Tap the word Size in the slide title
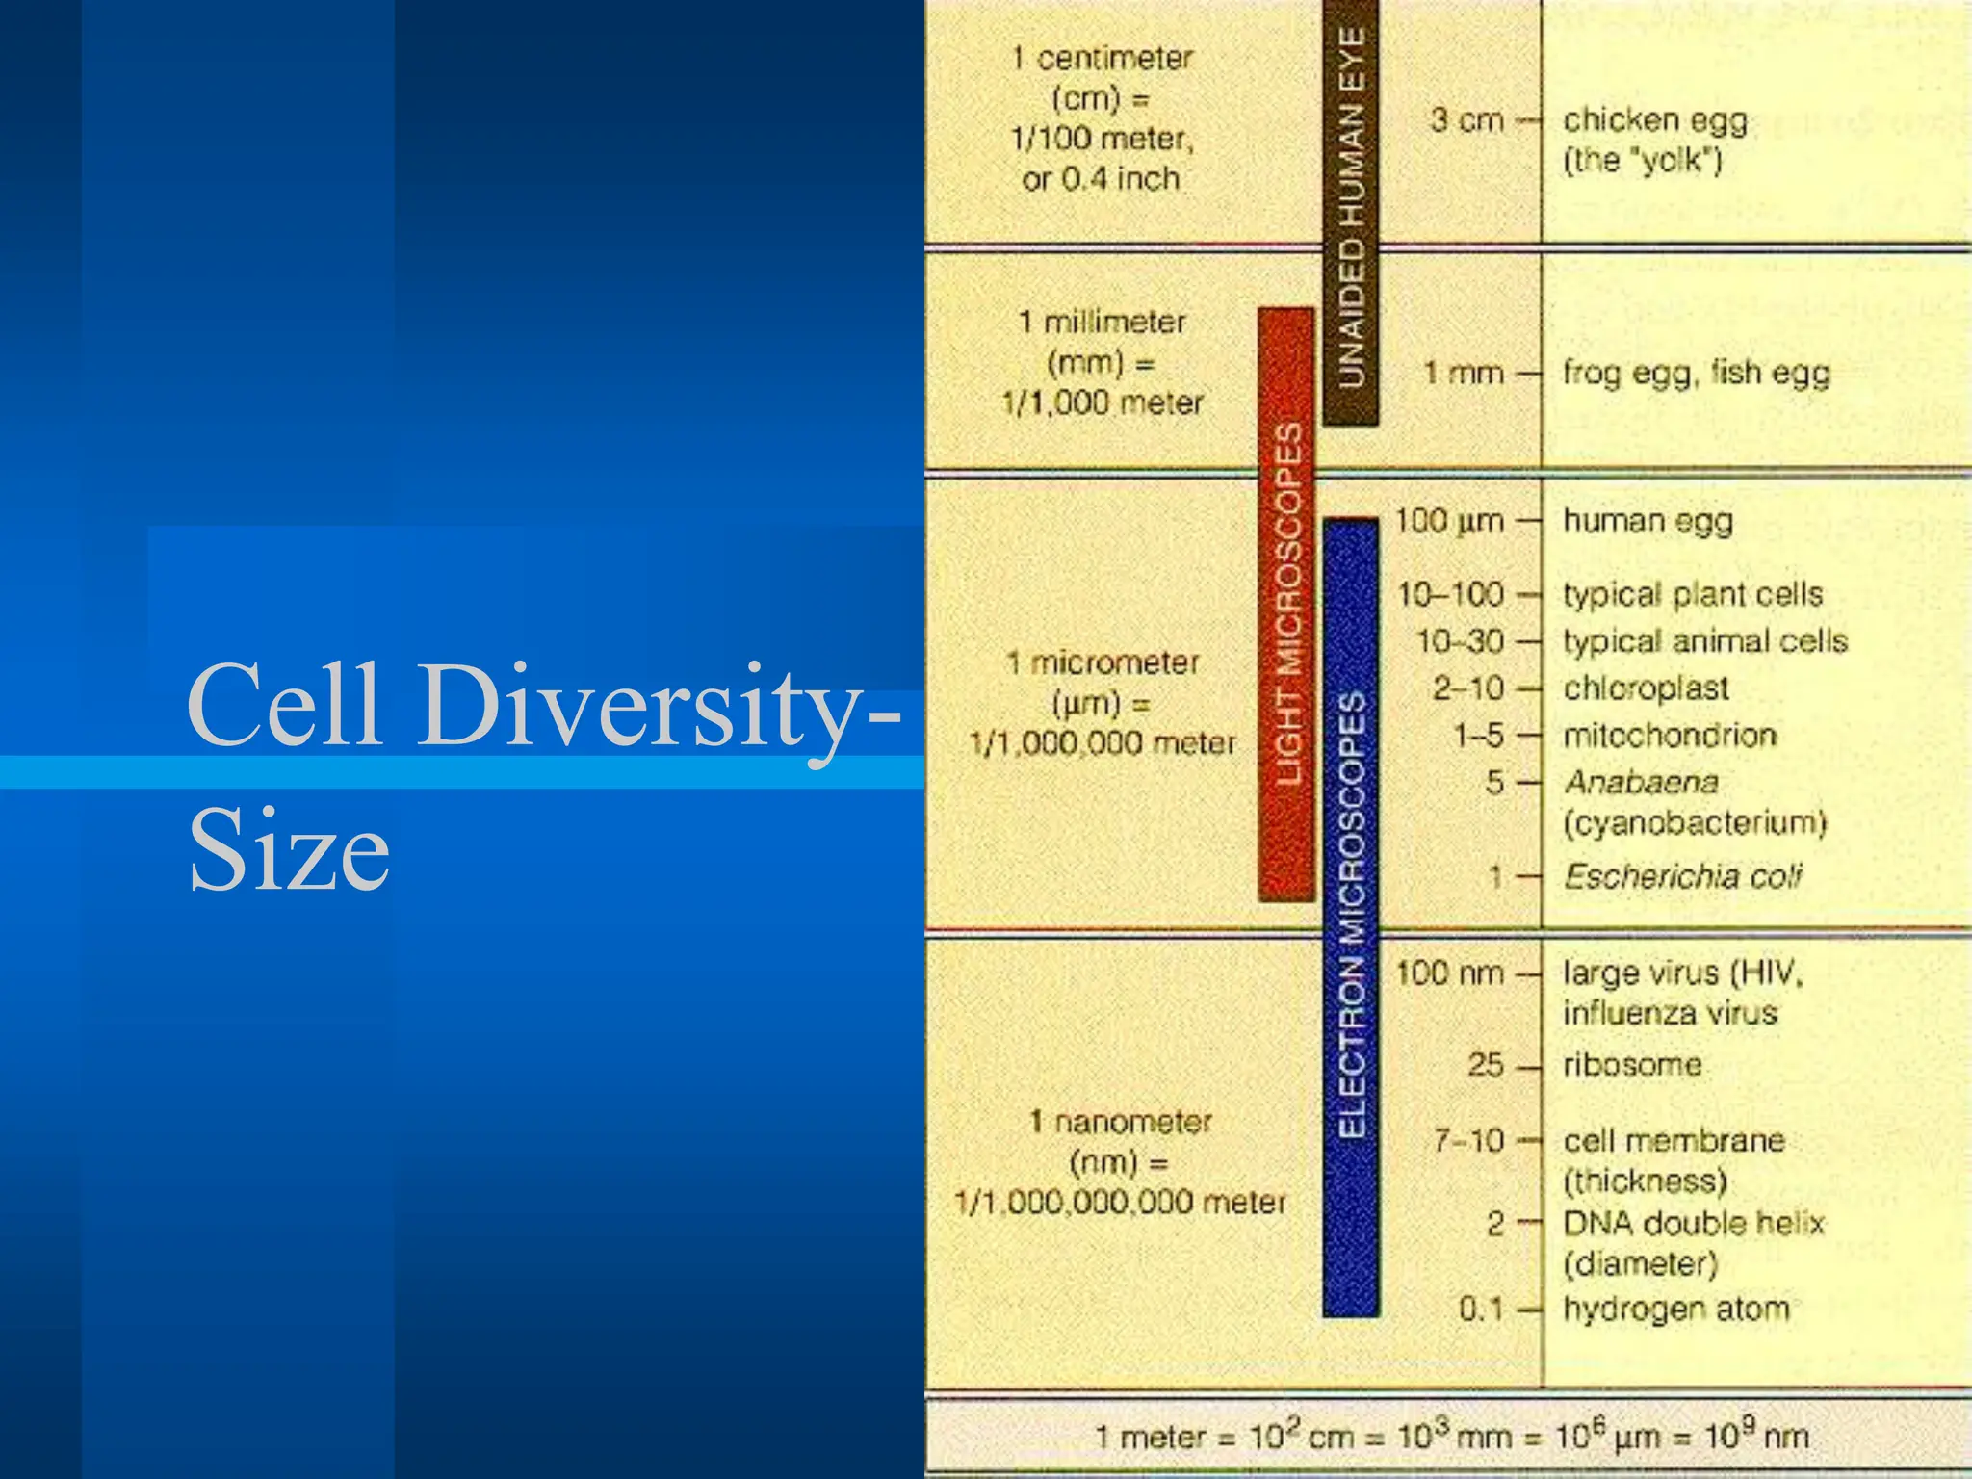(289, 850)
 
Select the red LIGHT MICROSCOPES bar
(1286, 605)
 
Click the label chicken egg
(1654, 120)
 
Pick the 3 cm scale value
(1466, 120)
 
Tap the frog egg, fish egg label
(1696, 373)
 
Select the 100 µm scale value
(1449, 521)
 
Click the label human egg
(1648, 521)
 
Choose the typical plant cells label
(1693, 594)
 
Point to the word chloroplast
(1646, 688)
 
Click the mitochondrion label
(1670, 736)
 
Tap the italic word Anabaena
(1642, 782)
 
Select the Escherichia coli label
(1682, 876)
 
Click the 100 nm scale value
(1449, 973)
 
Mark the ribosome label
(1632, 1065)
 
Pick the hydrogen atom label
(1675, 1309)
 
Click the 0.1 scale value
(1481, 1309)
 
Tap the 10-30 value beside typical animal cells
(1460, 641)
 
